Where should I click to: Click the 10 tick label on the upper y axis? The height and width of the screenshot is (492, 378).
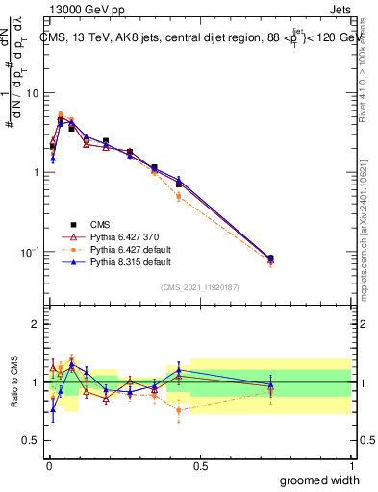33,93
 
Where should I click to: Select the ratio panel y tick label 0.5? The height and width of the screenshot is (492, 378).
32,441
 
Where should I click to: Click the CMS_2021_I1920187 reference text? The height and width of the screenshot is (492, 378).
199,286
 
